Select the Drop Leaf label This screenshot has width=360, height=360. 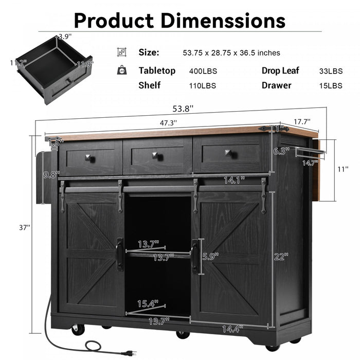(280, 71)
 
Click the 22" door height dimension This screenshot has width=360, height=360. (280, 256)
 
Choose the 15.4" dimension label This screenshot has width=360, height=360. (149, 304)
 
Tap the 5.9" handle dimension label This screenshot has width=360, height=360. (209, 256)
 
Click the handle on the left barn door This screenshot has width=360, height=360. (119, 254)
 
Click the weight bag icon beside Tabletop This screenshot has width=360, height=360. (121, 70)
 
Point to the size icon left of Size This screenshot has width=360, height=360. (121, 52)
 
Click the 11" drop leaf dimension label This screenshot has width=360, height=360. (343, 168)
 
